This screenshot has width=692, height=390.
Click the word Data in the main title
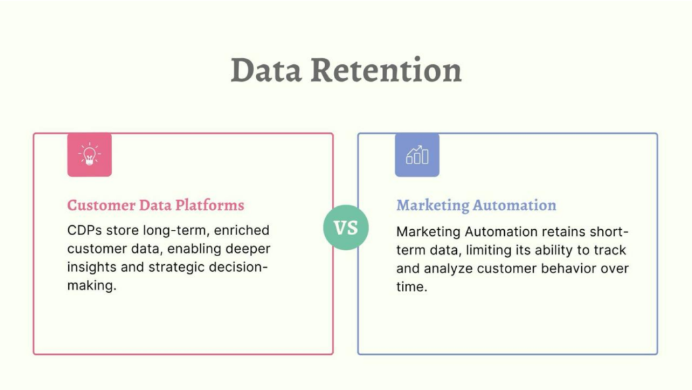266,70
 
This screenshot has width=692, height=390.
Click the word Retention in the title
386,70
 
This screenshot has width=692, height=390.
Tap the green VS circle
346,228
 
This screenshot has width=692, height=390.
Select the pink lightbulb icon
90,155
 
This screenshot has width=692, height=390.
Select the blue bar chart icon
417,155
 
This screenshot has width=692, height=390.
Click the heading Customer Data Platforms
155,205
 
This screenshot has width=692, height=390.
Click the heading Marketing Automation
476,205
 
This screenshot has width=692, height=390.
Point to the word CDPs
84,230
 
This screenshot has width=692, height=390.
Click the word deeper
248,249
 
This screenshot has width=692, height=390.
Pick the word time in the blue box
410,287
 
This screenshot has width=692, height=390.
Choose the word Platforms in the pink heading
209,205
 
